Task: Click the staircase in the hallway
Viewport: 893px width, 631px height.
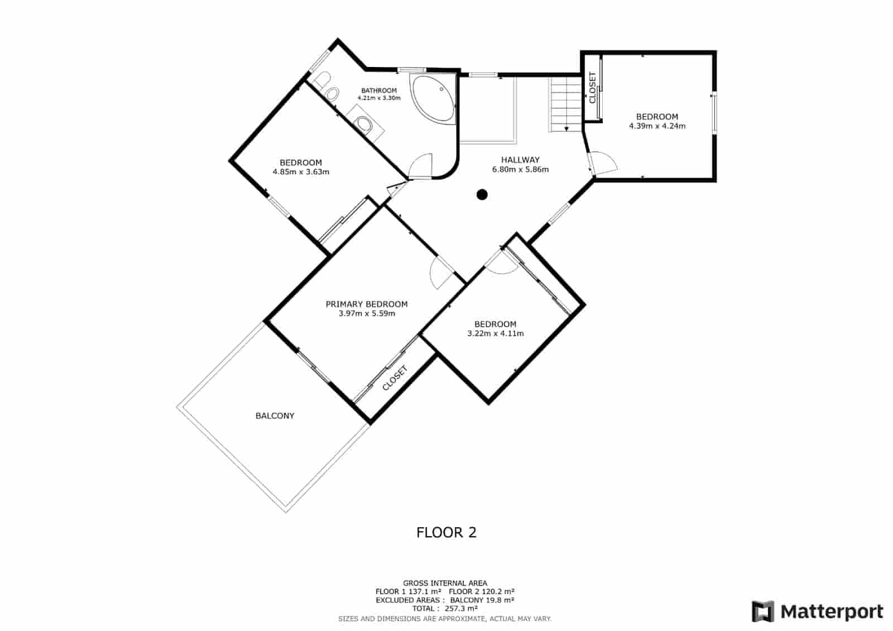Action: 566,103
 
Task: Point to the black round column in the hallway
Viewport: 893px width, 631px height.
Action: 482,194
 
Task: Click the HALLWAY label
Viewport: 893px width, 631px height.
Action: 520,160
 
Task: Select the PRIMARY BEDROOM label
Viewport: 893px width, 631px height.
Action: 367,304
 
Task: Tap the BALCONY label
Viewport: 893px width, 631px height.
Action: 275,415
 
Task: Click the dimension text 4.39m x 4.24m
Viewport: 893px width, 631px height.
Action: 657,126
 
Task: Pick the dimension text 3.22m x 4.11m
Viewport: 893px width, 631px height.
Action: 495,334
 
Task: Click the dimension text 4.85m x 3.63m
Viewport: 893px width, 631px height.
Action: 301,172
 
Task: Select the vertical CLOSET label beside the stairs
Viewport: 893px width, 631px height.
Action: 592,88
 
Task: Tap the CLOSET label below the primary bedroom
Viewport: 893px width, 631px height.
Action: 396,378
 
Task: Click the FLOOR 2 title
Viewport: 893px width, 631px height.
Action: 446,532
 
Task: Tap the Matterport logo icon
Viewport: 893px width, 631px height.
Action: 763,611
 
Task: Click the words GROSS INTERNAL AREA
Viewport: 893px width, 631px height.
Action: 445,583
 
